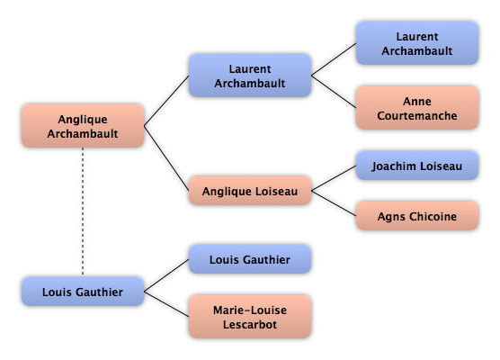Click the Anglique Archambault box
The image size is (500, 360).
pyautogui.click(x=83, y=126)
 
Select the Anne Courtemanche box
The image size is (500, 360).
pyautogui.click(x=417, y=108)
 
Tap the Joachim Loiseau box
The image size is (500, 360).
pyautogui.click(x=417, y=166)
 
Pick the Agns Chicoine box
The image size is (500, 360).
pyautogui.click(x=417, y=216)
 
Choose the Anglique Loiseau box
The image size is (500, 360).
pyautogui.click(x=250, y=191)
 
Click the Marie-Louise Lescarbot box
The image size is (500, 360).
pyautogui.click(x=250, y=317)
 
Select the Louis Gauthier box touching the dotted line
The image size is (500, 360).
pyautogui.click(x=83, y=292)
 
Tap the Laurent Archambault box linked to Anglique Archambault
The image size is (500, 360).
pyautogui.click(x=250, y=76)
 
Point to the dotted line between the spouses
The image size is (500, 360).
pyautogui.click(x=83, y=212)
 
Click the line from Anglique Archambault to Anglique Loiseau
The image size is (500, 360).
pyautogui.click(x=166, y=158)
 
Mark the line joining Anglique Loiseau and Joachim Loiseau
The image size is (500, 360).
pyautogui.click(x=334, y=178)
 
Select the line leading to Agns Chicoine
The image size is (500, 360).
pyautogui.click(x=334, y=203)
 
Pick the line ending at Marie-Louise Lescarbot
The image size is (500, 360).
pyautogui.click(x=166, y=304)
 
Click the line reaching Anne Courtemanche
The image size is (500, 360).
pyautogui.click(x=334, y=92)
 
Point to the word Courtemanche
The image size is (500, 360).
pyautogui.click(x=417, y=115)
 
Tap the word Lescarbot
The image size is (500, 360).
pyautogui.click(x=250, y=324)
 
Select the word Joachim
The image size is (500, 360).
pyautogui.click(x=394, y=166)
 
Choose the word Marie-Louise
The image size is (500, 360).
pyautogui.click(x=250, y=310)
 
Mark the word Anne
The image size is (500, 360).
pyautogui.click(x=417, y=101)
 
